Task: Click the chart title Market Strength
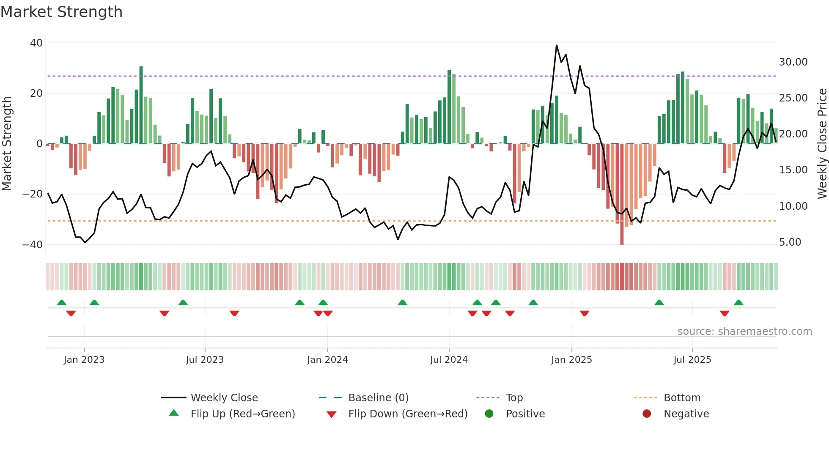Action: click(x=61, y=12)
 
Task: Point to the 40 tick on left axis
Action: click(x=36, y=43)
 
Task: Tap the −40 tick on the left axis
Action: click(x=33, y=245)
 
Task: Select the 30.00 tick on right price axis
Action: click(x=793, y=62)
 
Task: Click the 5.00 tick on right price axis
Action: click(x=790, y=242)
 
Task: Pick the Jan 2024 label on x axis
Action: click(x=327, y=360)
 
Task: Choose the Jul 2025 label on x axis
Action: click(x=692, y=360)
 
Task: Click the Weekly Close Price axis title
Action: click(x=822, y=144)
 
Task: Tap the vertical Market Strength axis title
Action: click(x=7, y=144)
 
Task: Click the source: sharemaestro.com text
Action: click(x=744, y=332)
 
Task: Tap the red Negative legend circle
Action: click(x=647, y=414)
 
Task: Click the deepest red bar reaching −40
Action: click(x=622, y=195)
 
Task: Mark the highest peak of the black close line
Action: click(x=557, y=45)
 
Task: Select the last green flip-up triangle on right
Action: click(x=738, y=303)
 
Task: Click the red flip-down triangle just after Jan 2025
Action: click(x=585, y=313)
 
